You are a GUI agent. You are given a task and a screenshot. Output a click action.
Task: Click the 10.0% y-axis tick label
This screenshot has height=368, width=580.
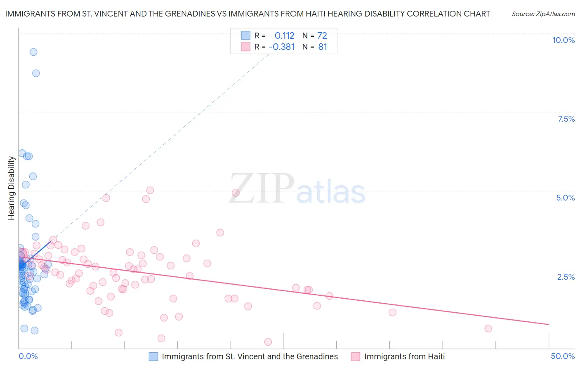click(x=563, y=40)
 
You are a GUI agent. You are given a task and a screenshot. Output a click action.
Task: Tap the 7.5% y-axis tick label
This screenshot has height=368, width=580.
click(x=566, y=119)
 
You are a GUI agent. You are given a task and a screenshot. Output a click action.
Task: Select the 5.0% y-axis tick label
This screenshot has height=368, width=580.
click(x=565, y=198)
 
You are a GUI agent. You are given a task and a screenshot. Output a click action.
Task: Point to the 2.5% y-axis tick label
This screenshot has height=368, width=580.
click(x=566, y=277)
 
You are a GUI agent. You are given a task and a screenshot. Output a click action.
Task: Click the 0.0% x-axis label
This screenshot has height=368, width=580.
click(x=28, y=356)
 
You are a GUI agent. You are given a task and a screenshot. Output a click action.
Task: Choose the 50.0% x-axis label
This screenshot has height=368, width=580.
click(x=563, y=356)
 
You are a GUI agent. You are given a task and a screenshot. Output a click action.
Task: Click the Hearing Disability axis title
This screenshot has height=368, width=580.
click(x=11, y=188)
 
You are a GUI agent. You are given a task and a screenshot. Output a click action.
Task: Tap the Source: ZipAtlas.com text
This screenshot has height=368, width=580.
click(x=543, y=14)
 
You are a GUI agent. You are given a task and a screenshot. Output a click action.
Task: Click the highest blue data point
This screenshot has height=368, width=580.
click(x=33, y=52)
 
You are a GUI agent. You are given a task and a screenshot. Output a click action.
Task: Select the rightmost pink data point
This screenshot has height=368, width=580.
click(x=488, y=328)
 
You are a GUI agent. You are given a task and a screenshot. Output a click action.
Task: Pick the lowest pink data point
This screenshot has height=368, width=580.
click(x=268, y=342)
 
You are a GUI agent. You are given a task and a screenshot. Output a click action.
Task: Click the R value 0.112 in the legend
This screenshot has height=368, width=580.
click(x=284, y=35)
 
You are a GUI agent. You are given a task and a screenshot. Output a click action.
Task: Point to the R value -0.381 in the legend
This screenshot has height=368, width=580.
click(x=281, y=47)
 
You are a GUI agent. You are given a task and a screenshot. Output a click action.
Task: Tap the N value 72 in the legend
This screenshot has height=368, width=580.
click(x=322, y=35)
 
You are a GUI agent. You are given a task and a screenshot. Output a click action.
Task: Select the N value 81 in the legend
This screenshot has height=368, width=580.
click(x=323, y=47)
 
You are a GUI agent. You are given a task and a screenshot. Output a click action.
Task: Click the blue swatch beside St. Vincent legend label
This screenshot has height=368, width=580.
click(x=153, y=356)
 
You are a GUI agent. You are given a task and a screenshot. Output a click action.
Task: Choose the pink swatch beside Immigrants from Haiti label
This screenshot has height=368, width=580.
click(x=356, y=356)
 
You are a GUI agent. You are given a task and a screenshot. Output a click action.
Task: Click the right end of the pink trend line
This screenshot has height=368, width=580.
click(x=549, y=325)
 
